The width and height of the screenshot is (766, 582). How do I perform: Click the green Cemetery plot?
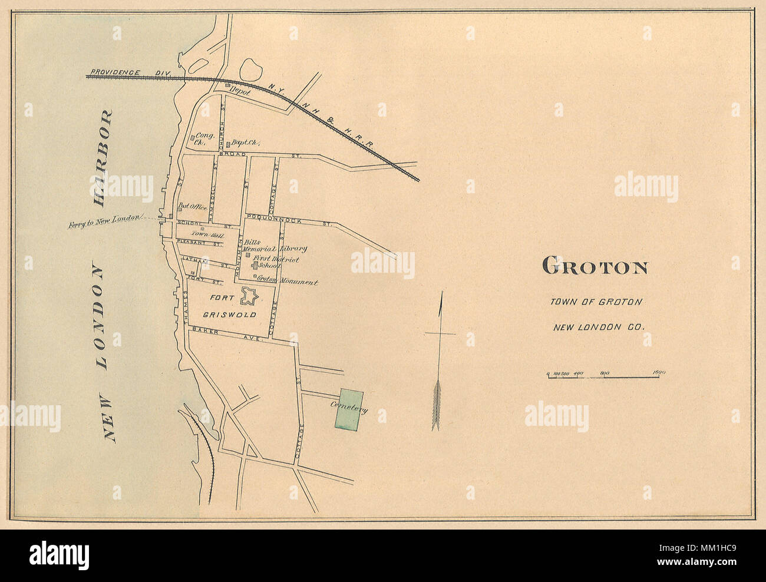tap(349, 409)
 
